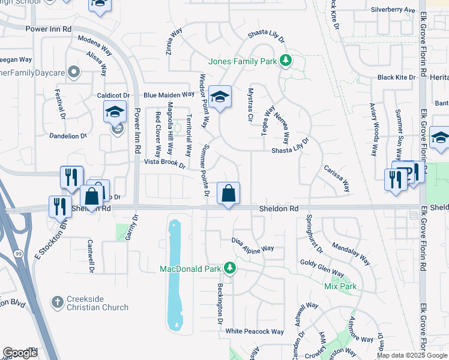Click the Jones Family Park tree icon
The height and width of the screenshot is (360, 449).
click(x=286, y=61)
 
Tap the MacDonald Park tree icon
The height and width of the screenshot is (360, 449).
click(x=229, y=268)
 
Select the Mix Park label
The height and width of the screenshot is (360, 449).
click(x=340, y=287)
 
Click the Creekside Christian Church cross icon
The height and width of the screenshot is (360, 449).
click(x=57, y=301)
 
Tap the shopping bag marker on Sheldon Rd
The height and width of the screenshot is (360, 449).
click(x=228, y=194)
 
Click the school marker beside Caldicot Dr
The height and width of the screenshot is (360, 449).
click(x=115, y=112)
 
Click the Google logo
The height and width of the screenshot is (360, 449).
click(x=20, y=353)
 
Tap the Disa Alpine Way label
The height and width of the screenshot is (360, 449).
click(x=253, y=244)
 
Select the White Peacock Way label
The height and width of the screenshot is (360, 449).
click(x=255, y=331)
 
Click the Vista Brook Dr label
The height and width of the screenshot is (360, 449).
click(x=164, y=163)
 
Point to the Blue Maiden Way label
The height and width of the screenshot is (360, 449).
click(x=169, y=94)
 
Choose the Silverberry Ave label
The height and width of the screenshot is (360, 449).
click(x=393, y=10)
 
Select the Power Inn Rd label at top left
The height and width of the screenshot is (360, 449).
click(x=49, y=28)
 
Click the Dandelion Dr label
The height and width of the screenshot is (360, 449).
click(x=68, y=136)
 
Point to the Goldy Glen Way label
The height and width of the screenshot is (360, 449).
click(x=322, y=267)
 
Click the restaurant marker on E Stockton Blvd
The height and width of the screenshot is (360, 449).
click(x=59, y=207)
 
